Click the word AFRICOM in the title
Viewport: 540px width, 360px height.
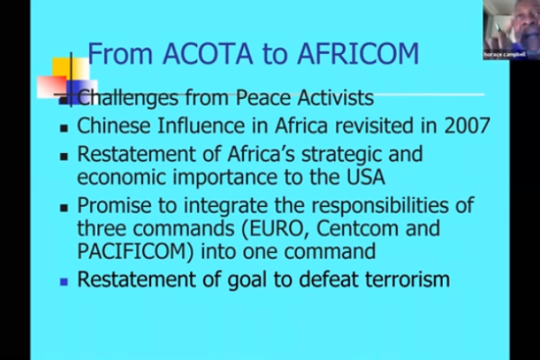pyautogui.click(x=358, y=53)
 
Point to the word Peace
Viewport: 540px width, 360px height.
pyautogui.click(x=264, y=97)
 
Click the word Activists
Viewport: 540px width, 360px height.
pyautogui.click(x=336, y=97)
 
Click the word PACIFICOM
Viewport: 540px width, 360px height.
pyautogui.click(x=135, y=251)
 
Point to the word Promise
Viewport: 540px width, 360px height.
pyautogui.click(x=114, y=205)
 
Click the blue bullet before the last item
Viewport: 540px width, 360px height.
pyautogui.click(x=64, y=282)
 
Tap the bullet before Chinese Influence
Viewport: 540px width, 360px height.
pyautogui.click(x=64, y=129)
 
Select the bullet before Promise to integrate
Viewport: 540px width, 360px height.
pyautogui.click(x=64, y=208)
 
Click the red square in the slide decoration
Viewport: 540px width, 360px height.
pyautogui.click(x=51, y=87)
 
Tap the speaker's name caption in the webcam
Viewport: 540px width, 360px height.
pyautogui.click(x=505, y=54)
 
